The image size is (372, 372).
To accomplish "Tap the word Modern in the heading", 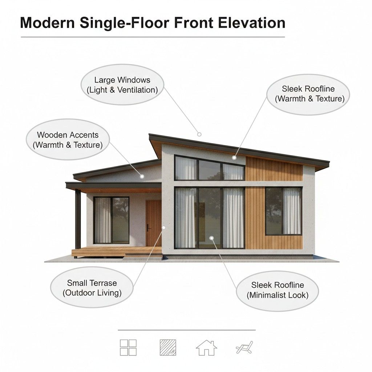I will pyautogui.click(x=47, y=23).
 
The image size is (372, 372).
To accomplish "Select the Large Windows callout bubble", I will pyautogui.click(x=122, y=85).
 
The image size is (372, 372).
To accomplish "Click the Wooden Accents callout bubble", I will pyautogui.click(x=68, y=140).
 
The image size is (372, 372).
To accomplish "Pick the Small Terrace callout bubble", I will pyautogui.click(x=92, y=288).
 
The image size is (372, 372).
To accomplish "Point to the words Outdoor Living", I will pyautogui.click(x=92, y=293).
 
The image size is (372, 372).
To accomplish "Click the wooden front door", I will pyautogui.click(x=153, y=223).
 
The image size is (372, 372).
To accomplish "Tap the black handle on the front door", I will pyautogui.click(x=148, y=228).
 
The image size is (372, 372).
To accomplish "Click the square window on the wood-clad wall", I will pyautogui.click(x=283, y=211).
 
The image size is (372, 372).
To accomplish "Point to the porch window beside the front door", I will pyautogui.click(x=111, y=220).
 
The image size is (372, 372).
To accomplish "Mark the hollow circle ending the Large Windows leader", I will pyautogui.click(x=199, y=134).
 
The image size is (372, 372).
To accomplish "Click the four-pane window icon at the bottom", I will pyautogui.click(x=128, y=347).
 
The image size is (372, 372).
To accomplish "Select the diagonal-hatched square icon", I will pyautogui.click(x=168, y=347).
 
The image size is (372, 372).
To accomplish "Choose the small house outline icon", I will pyautogui.click(x=206, y=348).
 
